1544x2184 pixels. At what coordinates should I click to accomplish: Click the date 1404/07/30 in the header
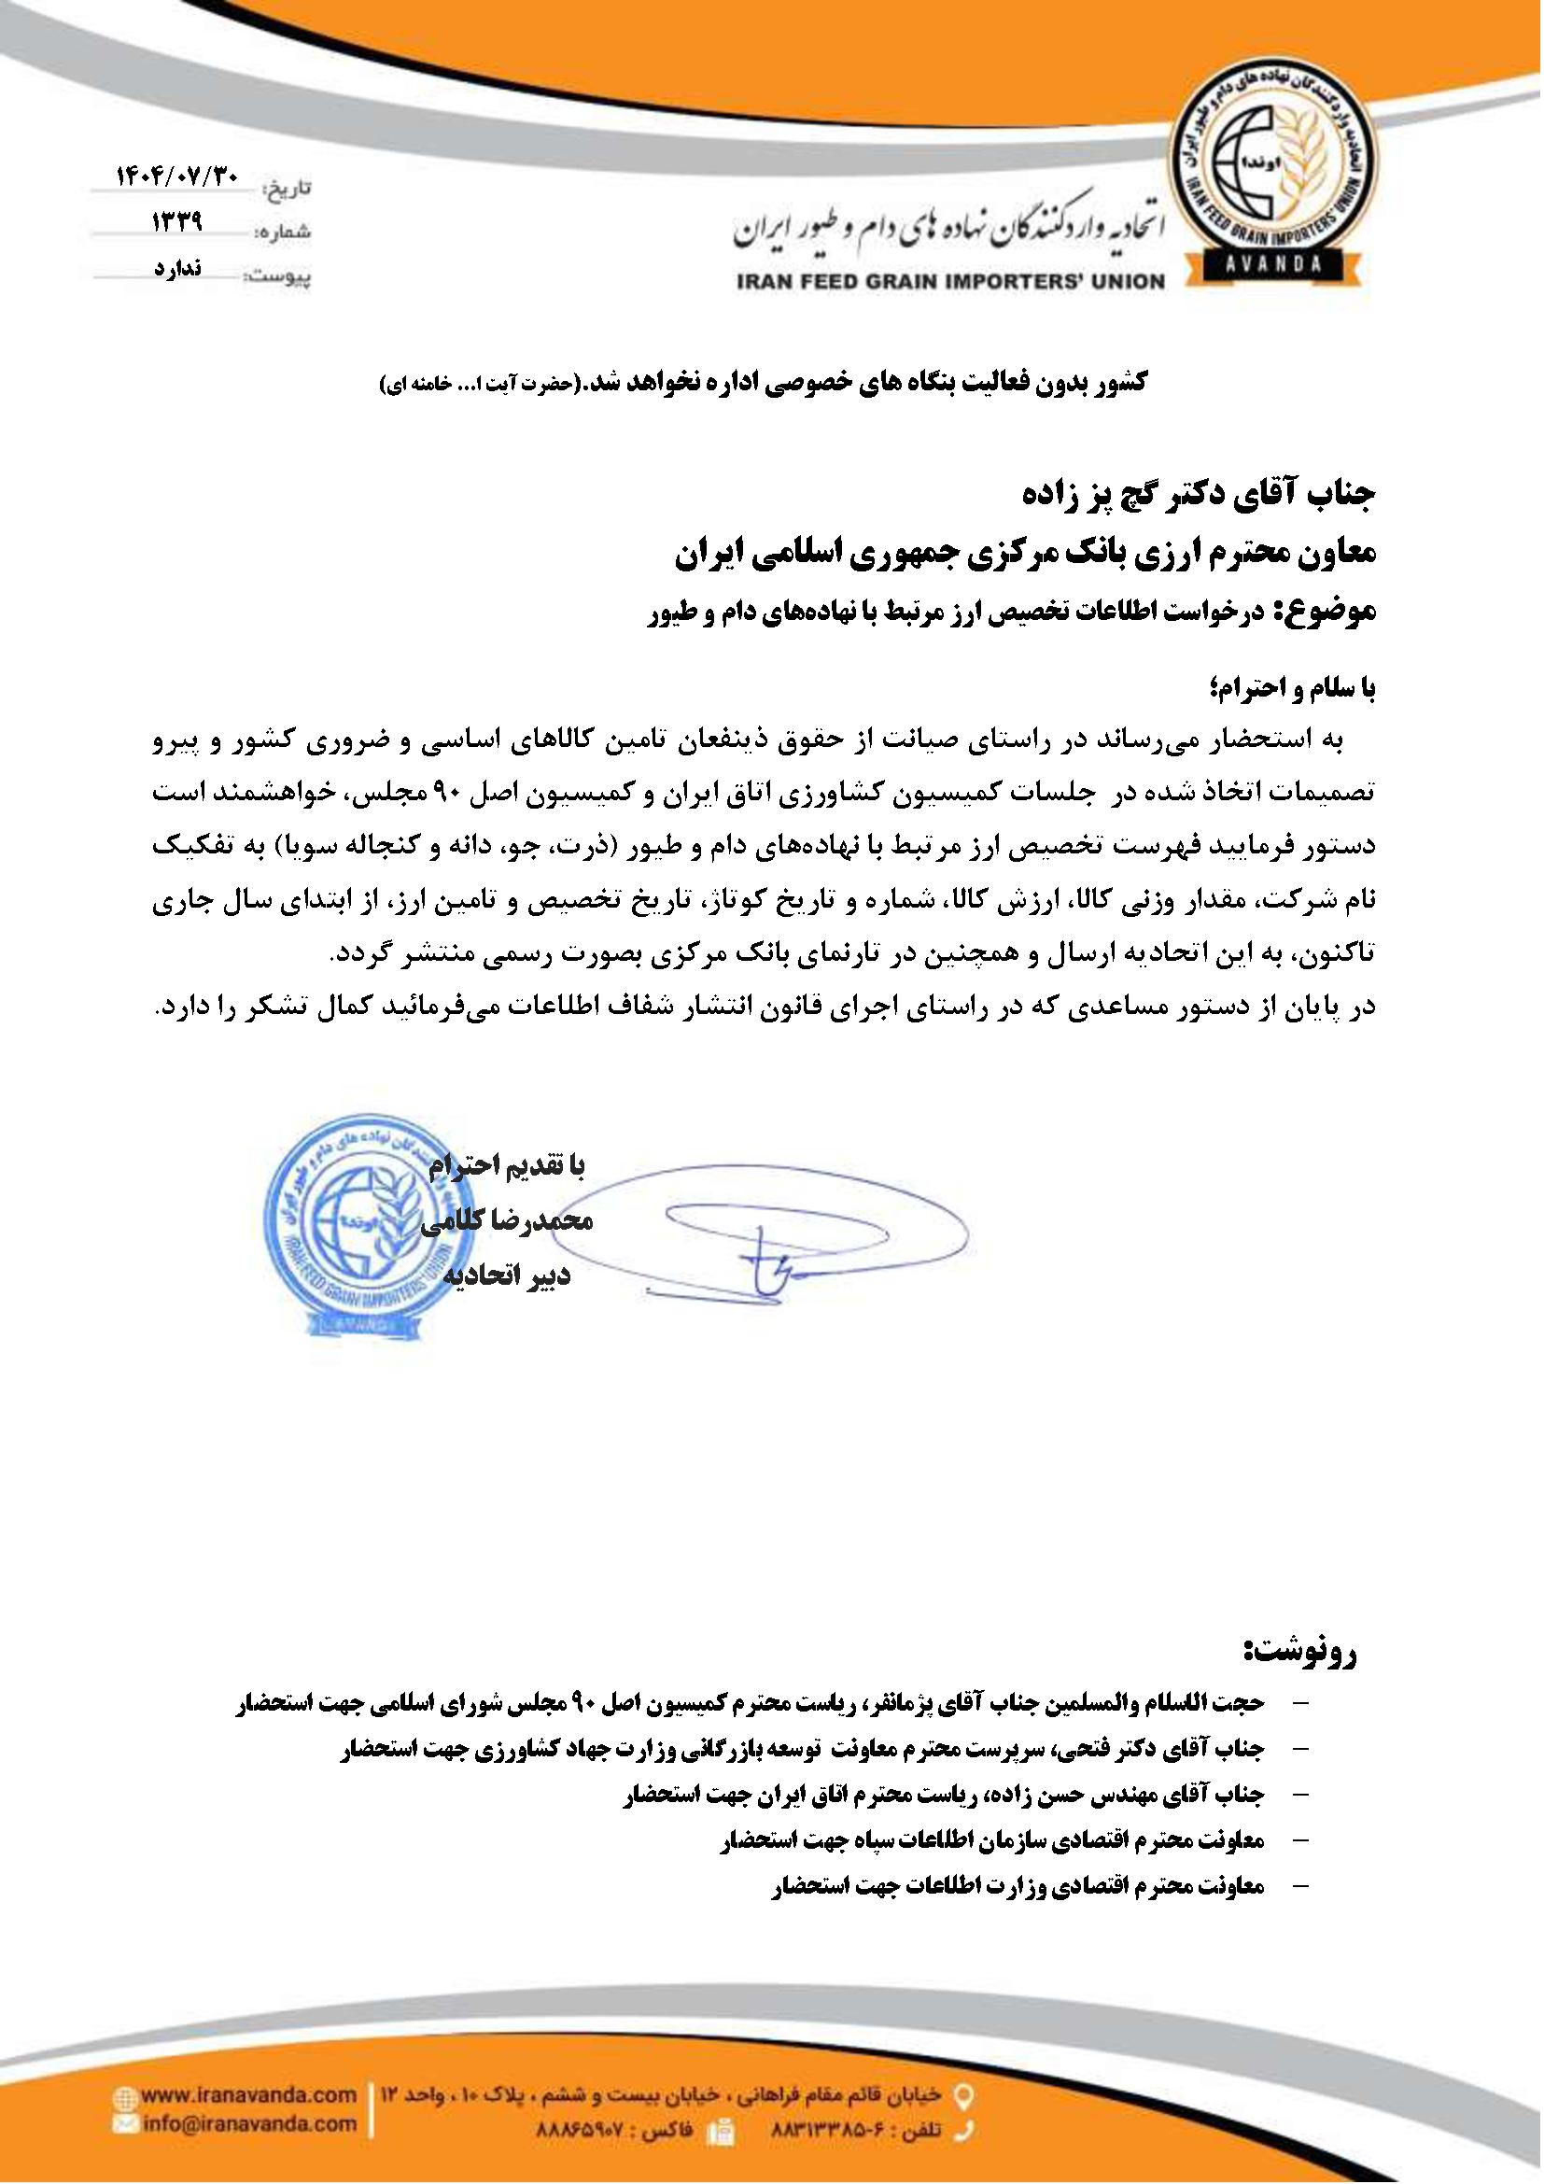tap(179, 176)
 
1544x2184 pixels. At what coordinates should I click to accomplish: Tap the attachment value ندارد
tap(176, 268)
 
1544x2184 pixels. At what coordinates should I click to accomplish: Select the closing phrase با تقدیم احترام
tap(510, 1165)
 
